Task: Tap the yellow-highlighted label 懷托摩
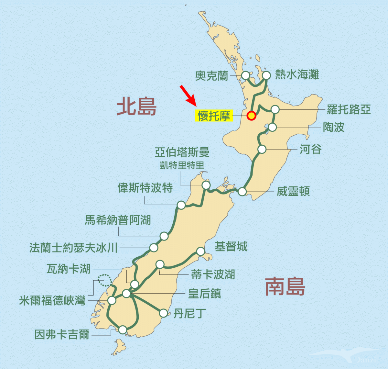214,116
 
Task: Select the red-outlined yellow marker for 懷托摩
251,116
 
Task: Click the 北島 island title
136,106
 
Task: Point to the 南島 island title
285,287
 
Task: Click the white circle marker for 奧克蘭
246,75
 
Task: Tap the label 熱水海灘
297,75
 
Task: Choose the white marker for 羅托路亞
275,109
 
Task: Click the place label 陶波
334,127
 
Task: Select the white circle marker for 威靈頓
242,192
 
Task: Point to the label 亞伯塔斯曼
182,152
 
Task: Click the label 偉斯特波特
145,188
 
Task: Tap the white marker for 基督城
201,251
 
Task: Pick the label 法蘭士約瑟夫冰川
73,248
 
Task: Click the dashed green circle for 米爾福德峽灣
104,280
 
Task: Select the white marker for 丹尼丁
164,313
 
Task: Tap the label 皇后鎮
204,294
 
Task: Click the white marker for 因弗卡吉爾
123,330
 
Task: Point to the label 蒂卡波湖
213,275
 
